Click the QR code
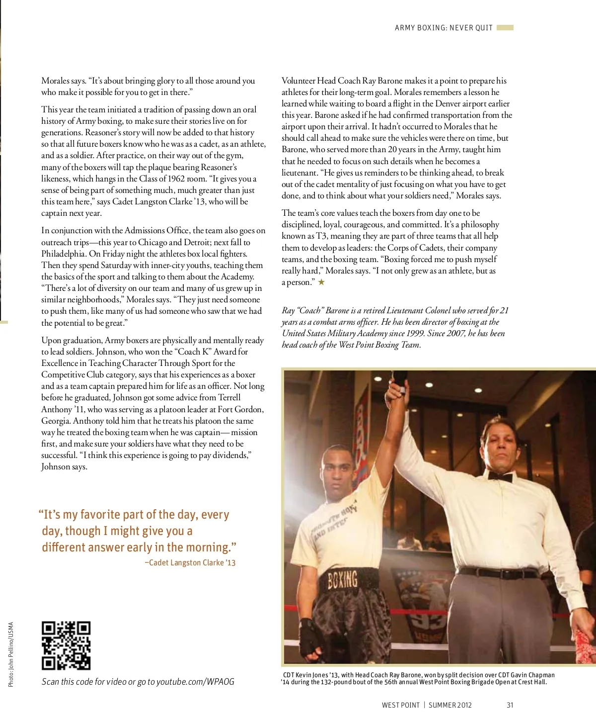(x=66, y=645)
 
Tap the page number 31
(x=510, y=705)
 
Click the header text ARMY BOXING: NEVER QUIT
(x=444, y=28)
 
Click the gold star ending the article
(x=322, y=282)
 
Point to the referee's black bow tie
(x=500, y=476)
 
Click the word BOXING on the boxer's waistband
(x=343, y=579)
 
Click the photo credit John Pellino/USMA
(x=11, y=654)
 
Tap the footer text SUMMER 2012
(x=450, y=705)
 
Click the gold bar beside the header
(x=505, y=28)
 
